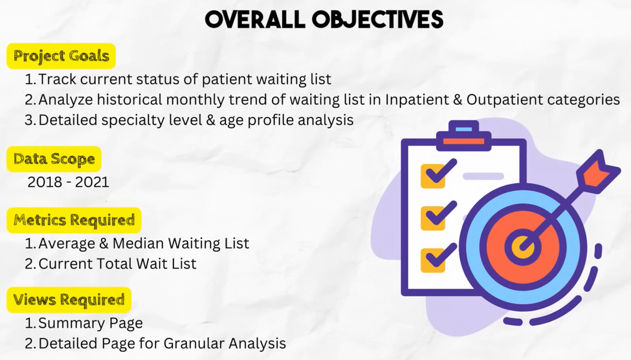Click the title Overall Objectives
pyautogui.click(x=324, y=19)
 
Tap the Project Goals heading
pyautogui.click(x=61, y=56)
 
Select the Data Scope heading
pyautogui.click(x=54, y=159)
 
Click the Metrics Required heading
pyautogui.click(x=74, y=220)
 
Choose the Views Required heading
pyautogui.click(x=69, y=300)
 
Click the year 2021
pyautogui.click(x=92, y=182)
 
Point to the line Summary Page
pyautogui.click(x=91, y=323)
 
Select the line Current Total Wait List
pyautogui.click(x=118, y=264)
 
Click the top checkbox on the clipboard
pyautogui.click(x=433, y=176)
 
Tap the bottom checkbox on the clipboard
pyautogui.click(x=433, y=260)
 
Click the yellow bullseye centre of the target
pyautogui.click(x=522, y=245)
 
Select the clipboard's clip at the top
pyautogui.click(x=463, y=136)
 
